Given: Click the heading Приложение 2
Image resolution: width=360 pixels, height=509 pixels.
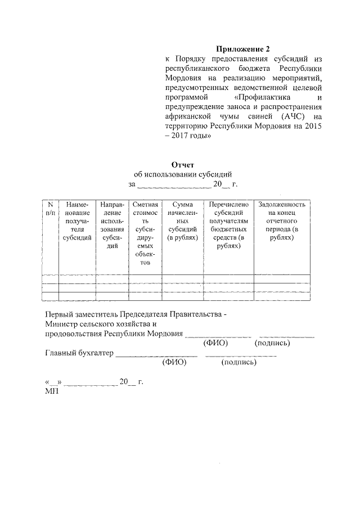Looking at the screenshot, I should tap(243, 48).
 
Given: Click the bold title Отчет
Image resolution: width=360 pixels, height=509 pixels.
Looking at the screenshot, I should tap(182, 165).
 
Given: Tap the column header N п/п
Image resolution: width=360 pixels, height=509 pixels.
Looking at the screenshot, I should tap(50, 209).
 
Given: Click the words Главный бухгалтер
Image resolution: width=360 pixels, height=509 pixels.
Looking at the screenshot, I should tap(79, 353).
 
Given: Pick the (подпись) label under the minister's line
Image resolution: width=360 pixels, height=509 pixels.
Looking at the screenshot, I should tap(272, 343).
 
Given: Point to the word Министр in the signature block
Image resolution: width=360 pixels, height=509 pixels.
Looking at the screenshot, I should tap(61, 325).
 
